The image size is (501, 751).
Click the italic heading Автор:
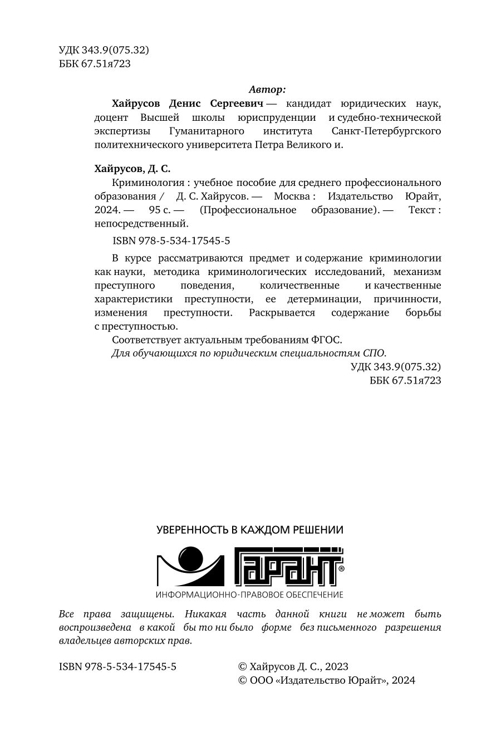267,89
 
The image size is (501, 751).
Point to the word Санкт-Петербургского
386,131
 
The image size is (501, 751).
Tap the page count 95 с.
159,210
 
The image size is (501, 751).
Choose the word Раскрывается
282,313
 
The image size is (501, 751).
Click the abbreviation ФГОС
331,340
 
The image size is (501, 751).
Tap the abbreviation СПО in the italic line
374,353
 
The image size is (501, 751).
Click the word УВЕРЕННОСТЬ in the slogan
193,529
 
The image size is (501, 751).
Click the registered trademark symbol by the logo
341,569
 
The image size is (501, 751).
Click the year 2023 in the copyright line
337,666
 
